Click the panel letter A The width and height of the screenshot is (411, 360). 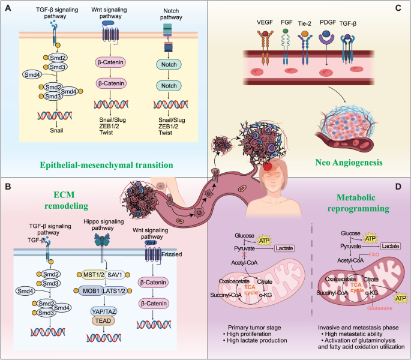[8, 8]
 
